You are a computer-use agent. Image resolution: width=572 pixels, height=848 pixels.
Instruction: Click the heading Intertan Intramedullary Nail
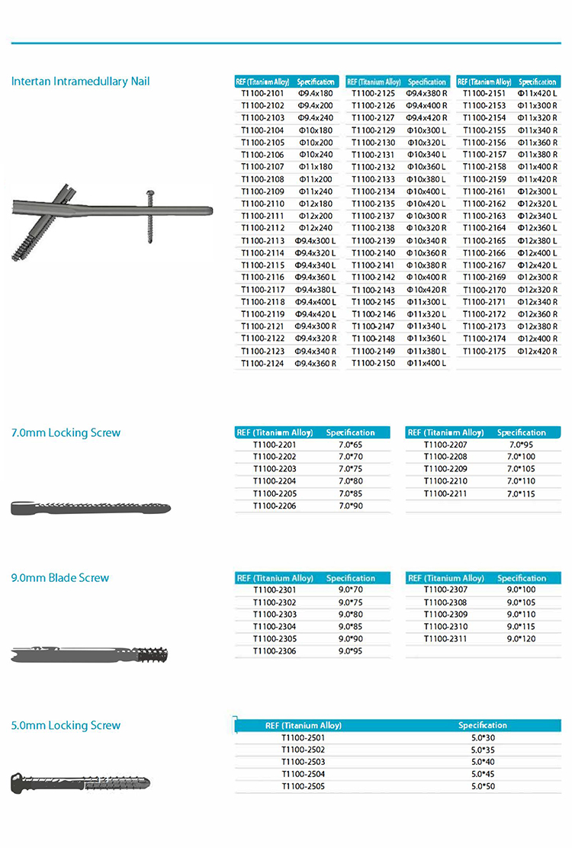(x=80, y=81)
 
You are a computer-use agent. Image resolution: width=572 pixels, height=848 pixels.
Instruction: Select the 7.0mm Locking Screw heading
(x=66, y=432)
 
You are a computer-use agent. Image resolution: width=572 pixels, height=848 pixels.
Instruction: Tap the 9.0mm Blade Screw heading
(x=60, y=577)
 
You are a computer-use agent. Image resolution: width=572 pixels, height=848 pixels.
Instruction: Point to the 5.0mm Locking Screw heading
(x=66, y=725)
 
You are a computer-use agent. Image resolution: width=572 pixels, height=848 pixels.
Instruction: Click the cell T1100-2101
(x=262, y=93)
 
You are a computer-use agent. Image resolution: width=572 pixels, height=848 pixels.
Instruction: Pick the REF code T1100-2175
(x=484, y=350)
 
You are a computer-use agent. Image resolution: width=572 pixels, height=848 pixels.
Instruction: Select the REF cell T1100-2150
(x=373, y=362)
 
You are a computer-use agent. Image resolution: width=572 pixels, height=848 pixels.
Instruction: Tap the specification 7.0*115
(x=522, y=493)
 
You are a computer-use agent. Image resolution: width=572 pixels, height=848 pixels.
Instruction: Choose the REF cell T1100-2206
(x=275, y=505)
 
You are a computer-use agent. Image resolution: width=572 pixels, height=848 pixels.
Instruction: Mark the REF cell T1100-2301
(x=275, y=589)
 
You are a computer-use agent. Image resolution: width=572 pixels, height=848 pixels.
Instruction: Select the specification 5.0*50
(x=483, y=785)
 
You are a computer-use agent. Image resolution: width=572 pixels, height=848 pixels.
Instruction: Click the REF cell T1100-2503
(x=303, y=761)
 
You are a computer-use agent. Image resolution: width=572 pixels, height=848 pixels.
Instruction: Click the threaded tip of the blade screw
(x=156, y=654)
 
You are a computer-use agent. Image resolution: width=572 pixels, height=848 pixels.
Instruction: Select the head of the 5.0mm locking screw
(x=21, y=782)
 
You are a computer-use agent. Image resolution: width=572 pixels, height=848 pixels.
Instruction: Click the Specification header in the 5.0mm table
(x=483, y=724)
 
